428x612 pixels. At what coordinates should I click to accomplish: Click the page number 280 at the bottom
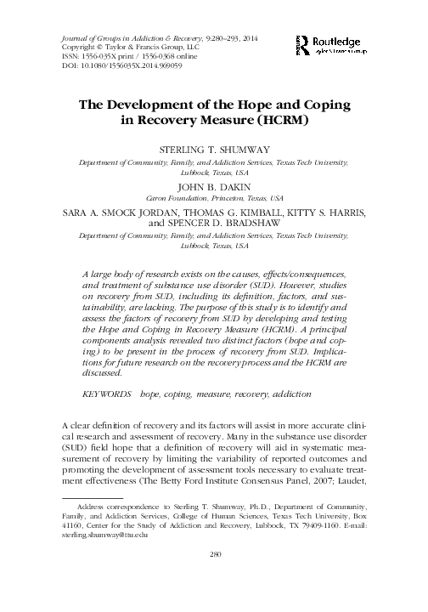[214, 578]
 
